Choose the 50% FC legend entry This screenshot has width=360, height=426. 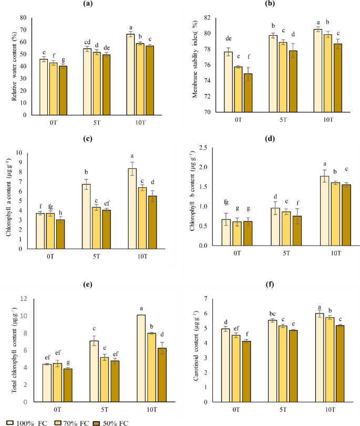(x=112, y=422)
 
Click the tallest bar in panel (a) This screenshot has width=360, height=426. (x=131, y=74)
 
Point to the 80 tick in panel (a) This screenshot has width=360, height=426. (x=23, y=17)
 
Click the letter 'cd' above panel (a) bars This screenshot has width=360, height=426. (x=88, y=42)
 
